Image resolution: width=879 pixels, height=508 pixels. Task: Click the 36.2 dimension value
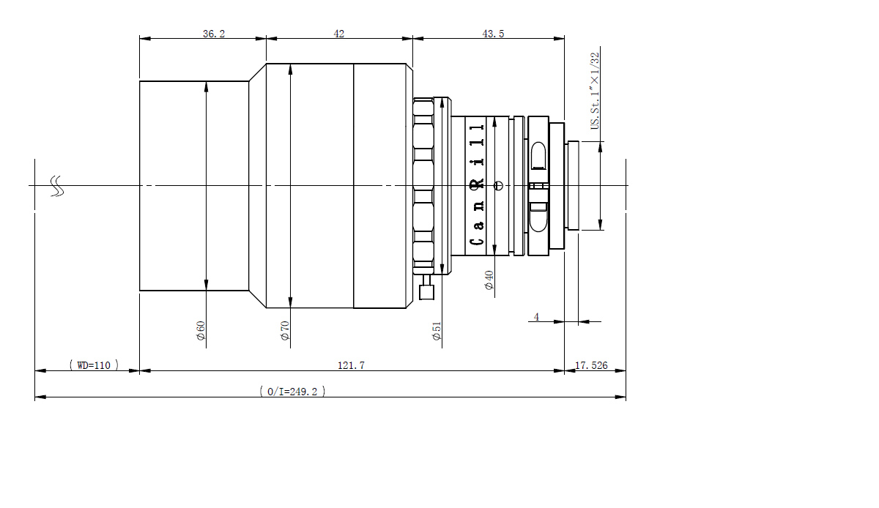pyautogui.click(x=214, y=34)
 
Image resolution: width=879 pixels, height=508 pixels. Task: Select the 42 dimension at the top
pyautogui.click(x=339, y=34)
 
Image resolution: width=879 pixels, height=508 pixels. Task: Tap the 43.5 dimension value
pyautogui.click(x=493, y=34)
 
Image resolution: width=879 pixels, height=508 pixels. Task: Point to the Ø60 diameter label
pyautogui.click(x=201, y=331)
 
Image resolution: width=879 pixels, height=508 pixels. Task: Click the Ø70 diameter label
pyautogui.click(x=285, y=331)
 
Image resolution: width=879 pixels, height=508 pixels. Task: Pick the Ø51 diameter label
pyautogui.click(x=437, y=331)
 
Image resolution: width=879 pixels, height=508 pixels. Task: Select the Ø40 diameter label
pyautogui.click(x=489, y=280)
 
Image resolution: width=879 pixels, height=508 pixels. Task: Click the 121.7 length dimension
pyautogui.click(x=351, y=365)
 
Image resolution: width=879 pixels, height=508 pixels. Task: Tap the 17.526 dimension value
pyautogui.click(x=591, y=365)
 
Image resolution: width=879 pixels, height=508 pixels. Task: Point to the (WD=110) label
pyautogui.click(x=94, y=365)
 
